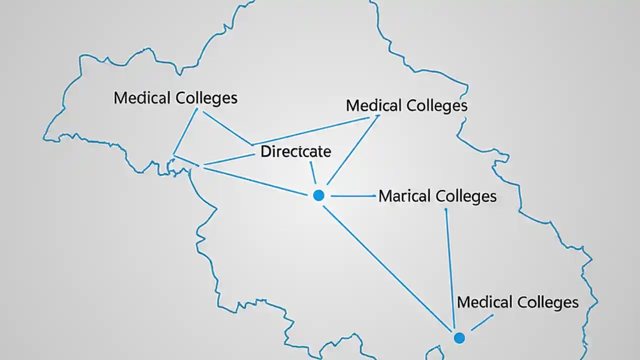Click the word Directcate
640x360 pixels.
[x=295, y=151]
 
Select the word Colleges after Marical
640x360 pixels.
[x=466, y=196]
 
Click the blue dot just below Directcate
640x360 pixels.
[x=318, y=195]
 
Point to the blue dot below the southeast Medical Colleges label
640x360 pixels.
[x=459, y=338]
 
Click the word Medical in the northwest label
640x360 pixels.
[x=142, y=97]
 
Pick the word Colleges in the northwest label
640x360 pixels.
[x=206, y=98]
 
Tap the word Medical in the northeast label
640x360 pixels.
[x=374, y=105]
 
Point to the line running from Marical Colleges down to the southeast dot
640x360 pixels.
[x=450, y=270]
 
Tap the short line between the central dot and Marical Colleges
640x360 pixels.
[x=353, y=196]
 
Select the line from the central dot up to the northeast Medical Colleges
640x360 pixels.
[x=352, y=149]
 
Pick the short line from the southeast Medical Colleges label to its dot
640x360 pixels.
[x=482, y=322]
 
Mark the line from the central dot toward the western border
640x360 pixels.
[x=250, y=180]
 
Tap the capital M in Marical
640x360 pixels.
[x=385, y=196]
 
